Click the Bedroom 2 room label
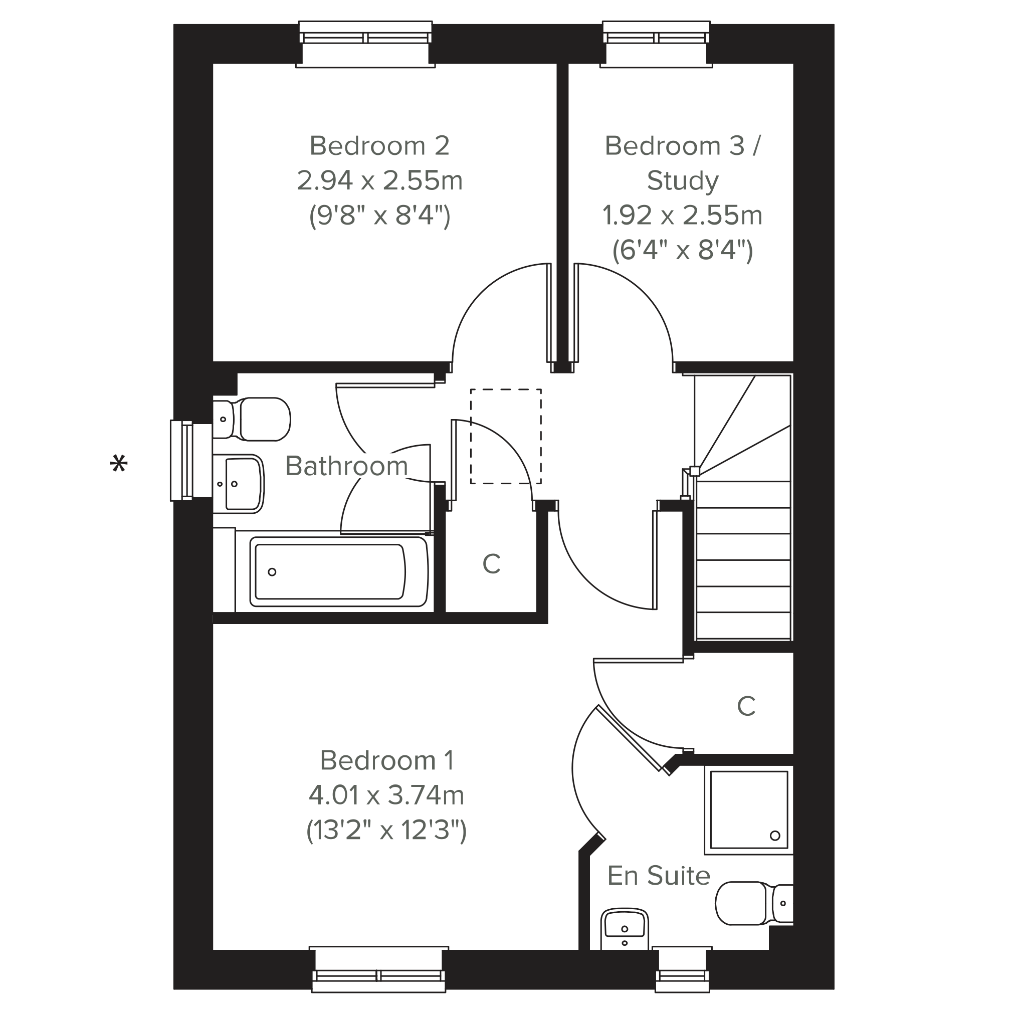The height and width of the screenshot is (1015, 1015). [379, 145]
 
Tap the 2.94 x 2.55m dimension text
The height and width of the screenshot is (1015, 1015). [379, 180]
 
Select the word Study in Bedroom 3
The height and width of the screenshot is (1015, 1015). [683, 181]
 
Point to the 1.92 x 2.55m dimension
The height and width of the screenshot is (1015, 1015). [683, 216]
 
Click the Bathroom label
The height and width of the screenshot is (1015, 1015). [347, 466]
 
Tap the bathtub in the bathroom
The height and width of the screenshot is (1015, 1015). [339, 571]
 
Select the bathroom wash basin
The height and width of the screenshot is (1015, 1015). [239, 484]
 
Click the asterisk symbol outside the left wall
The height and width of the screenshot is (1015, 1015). [119, 464]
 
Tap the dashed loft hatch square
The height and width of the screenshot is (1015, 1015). [505, 436]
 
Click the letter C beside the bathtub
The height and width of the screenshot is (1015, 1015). [491, 564]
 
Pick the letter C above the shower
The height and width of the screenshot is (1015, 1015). [746, 706]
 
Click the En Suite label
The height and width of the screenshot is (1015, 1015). [659, 876]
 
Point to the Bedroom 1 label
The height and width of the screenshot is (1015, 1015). [387, 760]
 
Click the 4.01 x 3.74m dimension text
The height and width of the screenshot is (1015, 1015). [386, 795]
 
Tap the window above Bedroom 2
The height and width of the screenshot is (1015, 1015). [366, 44]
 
